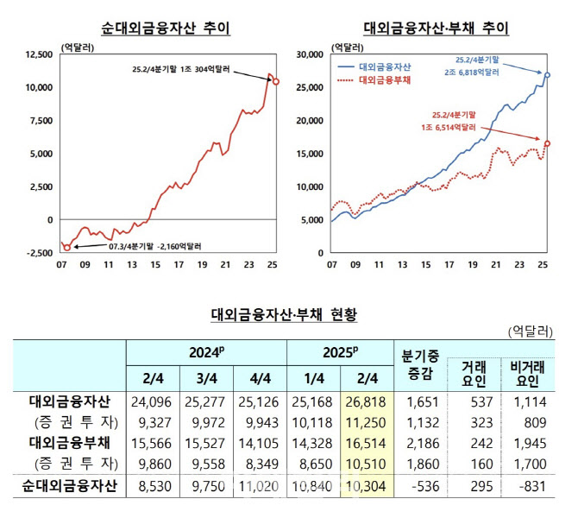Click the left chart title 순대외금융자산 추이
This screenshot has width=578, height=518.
[166, 28]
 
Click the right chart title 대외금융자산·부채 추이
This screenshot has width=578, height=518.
[436, 28]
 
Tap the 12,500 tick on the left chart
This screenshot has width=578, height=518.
[39, 54]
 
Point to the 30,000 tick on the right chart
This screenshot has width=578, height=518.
[310, 54]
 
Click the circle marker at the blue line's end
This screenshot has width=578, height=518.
[547, 75]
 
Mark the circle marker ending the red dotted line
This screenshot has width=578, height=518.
[547, 143]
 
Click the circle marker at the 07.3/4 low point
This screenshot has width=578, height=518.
[67, 248]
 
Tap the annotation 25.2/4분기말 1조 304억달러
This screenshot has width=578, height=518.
[181, 69]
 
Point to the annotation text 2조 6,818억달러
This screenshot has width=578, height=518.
[472, 73]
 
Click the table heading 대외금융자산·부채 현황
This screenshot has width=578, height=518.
[284, 315]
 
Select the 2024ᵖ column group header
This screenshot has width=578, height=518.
[207, 352]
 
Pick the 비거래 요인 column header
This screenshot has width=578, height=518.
[527, 374]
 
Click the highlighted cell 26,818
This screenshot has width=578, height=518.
[366, 401]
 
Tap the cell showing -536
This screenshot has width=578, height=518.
[425, 486]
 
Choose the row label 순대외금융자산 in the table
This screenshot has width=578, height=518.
[69, 486]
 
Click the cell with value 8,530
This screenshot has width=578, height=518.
[154, 486]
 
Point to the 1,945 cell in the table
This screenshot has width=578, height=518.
[530, 443]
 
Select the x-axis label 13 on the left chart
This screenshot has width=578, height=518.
[132, 264]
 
